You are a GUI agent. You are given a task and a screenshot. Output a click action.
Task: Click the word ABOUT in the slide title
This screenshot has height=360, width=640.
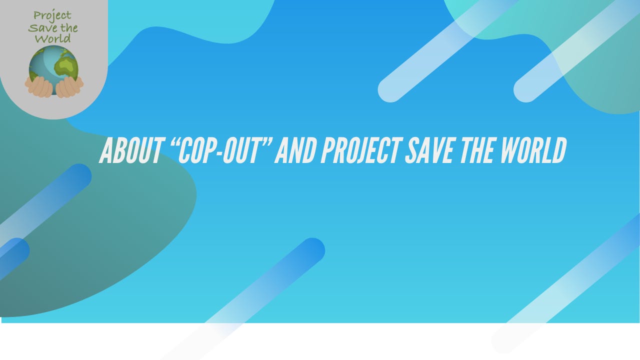[x=131, y=150]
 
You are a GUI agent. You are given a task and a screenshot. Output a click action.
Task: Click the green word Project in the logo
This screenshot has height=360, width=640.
[x=52, y=15]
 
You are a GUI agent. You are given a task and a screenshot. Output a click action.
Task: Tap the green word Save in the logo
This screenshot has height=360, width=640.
[x=42, y=27]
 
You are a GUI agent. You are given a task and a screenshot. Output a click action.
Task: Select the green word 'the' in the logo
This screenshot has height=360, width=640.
[x=68, y=27]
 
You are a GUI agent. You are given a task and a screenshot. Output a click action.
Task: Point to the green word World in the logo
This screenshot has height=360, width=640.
[x=53, y=38]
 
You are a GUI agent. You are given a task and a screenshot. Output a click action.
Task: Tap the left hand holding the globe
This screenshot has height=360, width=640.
[x=39, y=87]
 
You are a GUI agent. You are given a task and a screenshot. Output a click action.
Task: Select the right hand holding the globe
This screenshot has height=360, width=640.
[x=69, y=87]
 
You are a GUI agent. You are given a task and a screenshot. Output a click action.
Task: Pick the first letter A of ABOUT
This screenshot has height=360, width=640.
[x=106, y=150]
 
